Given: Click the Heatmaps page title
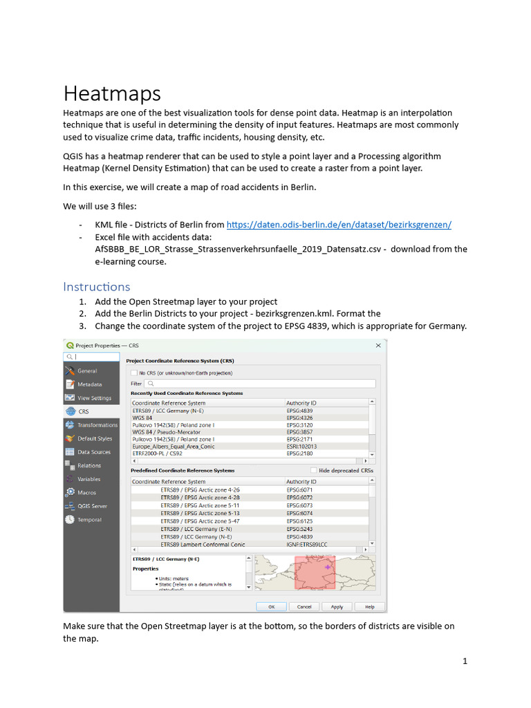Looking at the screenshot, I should pyautogui.click(x=113, y=93).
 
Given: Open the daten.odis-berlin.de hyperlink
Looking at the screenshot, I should pyautogui.click(x=339, y=225).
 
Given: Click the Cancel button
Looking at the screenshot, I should pyautogui.click(x=304, y=606).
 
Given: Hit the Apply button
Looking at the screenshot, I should pyautogui.click(x=337, y=606).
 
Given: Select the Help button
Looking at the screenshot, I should pyautogui.click(x=370, y=606).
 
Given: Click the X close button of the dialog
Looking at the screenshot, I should pyautogui.click(x=378, y=345).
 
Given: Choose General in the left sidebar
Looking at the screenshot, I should pyautogui.click(x=87, y=371).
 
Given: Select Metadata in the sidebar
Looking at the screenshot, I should pyautogui.click(x=89, y=384).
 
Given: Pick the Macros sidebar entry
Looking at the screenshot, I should pyautogui.click(x=86, y=492).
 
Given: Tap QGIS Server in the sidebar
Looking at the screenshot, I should pyautogui.click(x=93, y=506).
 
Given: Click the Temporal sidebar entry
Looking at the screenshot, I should pyautogui.click(x=89, y=519).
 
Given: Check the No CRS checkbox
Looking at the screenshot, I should pyautogui.click(x=134, y=372).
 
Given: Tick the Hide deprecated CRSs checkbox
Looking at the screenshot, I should pyautogui.click(x=314, y=470).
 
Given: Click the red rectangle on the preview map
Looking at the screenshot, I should pyautogui.click(x=315, y=572).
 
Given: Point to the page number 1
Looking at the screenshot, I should pyautogui.click(x=465, y=661).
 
